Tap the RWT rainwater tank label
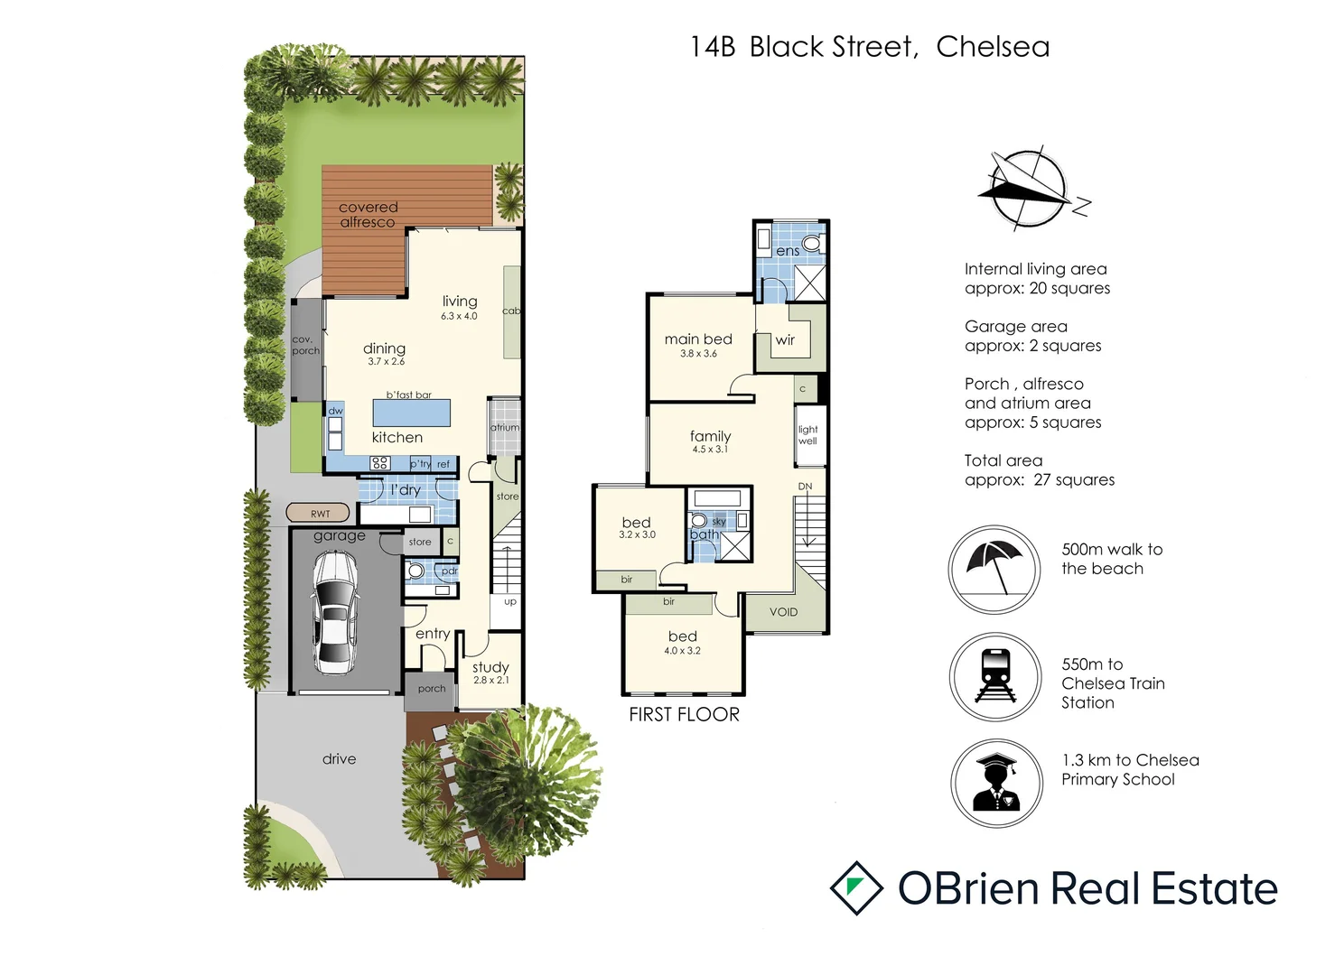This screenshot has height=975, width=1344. [318, 514]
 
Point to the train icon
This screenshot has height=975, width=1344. [995, 676]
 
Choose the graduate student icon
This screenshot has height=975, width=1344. [996, 783]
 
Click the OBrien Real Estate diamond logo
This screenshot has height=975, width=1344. [855, 888]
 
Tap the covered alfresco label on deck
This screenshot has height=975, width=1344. [368, 215]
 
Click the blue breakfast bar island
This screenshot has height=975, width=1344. [412, 413]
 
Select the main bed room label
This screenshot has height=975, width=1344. [698, 339]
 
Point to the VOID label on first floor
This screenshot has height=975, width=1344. [783, 612]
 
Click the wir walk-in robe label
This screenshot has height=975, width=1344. [785, 340]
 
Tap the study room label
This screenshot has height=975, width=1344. [490, 667]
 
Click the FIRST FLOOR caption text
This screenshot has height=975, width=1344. [684, 715]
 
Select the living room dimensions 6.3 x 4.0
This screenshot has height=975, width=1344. [459, 317]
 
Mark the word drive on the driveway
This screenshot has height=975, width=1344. [339, 759]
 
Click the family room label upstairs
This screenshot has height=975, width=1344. [710, 436]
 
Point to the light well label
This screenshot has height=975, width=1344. [807, 435]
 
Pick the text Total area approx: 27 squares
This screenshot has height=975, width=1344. [1039, 470]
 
